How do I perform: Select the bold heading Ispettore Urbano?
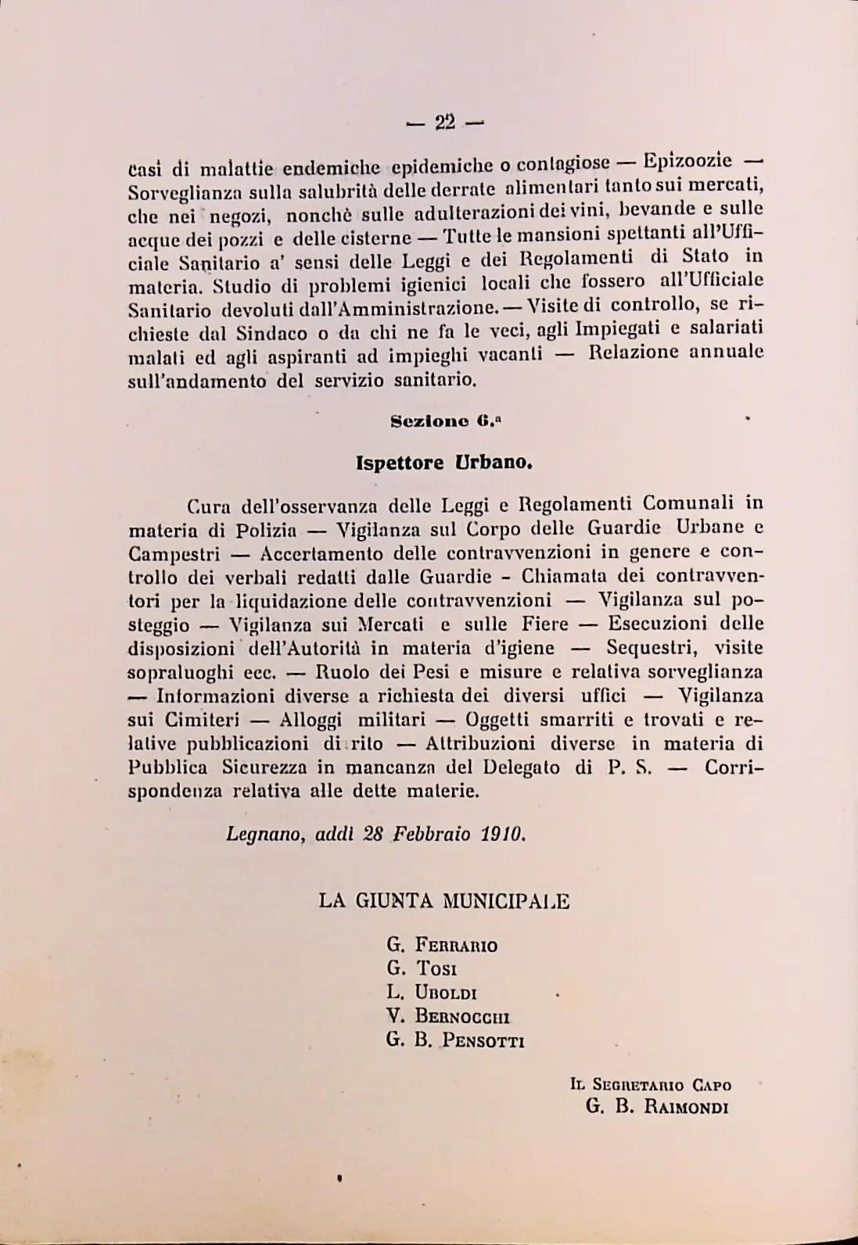click(x=444, y=462)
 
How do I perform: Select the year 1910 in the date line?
click(x=503, y=834)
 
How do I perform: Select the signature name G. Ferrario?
click(x=442, y=945)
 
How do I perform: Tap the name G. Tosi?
click(x=422, y=969)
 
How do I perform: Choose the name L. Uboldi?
click(x=432, y=993)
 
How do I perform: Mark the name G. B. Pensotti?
click(x=455, y=1041)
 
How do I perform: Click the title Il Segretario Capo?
click(x=651, y=1085)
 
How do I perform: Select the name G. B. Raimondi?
click(x=657, y=1107)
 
